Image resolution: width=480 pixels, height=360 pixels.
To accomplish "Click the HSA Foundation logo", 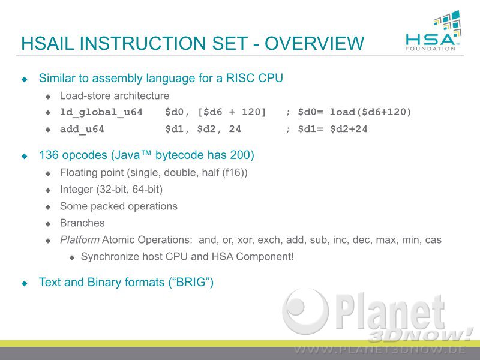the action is (433, 31).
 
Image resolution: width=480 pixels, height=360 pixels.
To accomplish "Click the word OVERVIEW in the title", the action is (314, 43).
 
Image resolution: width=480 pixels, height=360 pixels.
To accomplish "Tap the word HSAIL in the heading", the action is (47, 43).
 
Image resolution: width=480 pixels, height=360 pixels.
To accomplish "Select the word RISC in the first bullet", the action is (239, 78).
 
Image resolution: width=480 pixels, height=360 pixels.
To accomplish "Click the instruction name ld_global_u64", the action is (101, 112).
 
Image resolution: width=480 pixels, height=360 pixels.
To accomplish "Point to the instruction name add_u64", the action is (82, 129).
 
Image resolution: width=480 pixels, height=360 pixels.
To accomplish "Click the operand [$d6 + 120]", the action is (232, 112).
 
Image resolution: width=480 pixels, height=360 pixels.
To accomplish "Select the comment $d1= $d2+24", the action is (333, 129).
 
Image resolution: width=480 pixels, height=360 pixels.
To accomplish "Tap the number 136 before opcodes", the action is (49, 155).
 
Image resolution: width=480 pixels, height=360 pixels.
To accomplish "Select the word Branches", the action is (82, 223).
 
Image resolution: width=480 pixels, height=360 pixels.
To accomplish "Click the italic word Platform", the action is (80, 239).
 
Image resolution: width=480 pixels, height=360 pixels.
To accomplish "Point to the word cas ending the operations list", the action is (433, 240).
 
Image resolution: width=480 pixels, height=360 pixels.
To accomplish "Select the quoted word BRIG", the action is (190, 282).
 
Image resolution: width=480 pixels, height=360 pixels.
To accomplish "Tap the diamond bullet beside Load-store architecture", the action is (48, 97).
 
